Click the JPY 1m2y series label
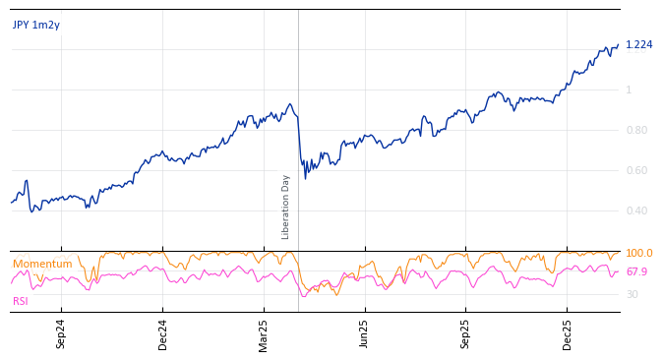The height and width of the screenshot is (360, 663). (36, 26)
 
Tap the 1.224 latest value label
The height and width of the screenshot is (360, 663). (638, 45)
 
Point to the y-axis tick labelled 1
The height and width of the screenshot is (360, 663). (629, 90)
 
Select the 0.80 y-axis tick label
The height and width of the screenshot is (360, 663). (636, 131)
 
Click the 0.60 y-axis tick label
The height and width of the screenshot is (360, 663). (636, 171)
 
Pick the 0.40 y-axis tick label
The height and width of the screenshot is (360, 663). (636, 211)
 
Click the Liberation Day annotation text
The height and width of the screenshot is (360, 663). (286, 207)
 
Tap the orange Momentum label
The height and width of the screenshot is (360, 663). (42, 265)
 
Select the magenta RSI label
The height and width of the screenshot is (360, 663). (20, 301)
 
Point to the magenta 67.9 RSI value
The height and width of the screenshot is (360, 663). (636, 272)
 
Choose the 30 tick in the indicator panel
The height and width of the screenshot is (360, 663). (632, 295)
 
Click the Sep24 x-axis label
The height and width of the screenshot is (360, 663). (61, 333)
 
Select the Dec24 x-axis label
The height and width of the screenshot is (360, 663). (163, 333)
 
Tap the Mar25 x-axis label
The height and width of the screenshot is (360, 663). (264, 333)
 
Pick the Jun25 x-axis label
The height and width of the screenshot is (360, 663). (365, 333)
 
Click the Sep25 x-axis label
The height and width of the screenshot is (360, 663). (466, 333)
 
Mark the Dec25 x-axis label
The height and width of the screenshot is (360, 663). (568, 333)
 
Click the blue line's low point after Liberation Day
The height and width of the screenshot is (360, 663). (305, 178)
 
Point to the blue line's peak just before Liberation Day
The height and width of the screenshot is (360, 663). (289, 104)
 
